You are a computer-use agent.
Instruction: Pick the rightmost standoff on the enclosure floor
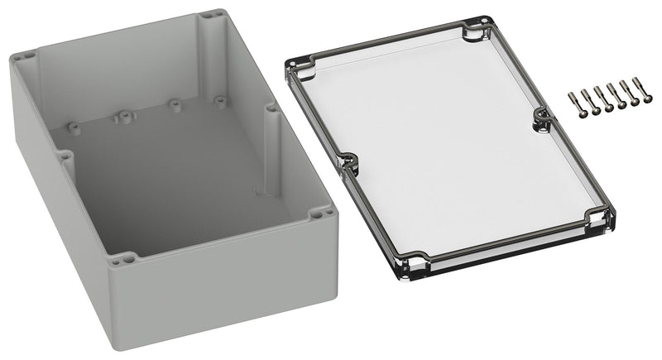tap(220, 101)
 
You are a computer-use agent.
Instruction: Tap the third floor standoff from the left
tap(175, 105)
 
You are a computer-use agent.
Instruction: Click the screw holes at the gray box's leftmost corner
tap(24, 58)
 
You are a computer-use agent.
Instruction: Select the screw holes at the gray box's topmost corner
tap(211, 14)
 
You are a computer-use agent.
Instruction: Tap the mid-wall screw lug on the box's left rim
tap(64, 155)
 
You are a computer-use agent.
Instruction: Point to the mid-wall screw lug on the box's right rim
tap(271, 108)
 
